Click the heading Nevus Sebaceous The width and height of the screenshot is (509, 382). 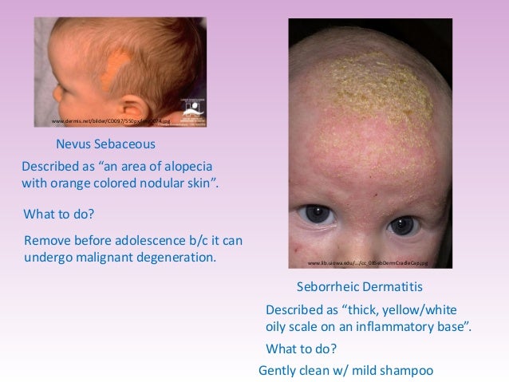coord(105,144)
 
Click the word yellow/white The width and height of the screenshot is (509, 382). coord(420,309)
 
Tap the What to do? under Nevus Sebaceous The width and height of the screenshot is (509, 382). coord(61,215)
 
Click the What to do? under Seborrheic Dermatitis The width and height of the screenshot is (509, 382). coord(301,349)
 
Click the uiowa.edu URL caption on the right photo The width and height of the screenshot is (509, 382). coord(368,262)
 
